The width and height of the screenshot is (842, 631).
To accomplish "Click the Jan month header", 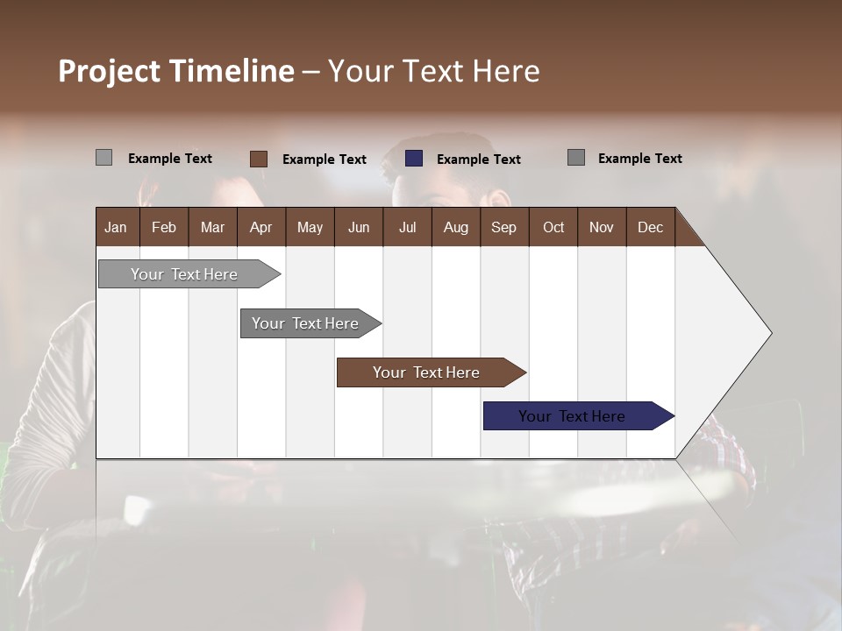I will pos(116,227).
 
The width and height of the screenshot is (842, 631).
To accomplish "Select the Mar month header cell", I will pos(212,227).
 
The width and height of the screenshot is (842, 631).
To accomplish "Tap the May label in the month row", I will pos(310,227).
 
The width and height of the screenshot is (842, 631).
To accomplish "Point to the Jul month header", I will pos(407,227).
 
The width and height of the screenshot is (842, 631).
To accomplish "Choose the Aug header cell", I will pos(455,227).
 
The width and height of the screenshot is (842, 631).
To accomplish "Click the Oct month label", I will pos(553,227).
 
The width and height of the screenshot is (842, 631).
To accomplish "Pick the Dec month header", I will pos(650,227).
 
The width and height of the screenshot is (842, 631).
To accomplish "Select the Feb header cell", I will pos(164,227).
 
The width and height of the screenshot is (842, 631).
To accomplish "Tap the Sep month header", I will pos(503,227).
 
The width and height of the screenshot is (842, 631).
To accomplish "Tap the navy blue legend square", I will pos(414,159).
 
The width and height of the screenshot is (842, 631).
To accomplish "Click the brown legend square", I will pos(259,159).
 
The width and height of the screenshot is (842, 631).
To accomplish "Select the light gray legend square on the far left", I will pos(103,158).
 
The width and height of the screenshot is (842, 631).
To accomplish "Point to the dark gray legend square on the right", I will pos(576,158).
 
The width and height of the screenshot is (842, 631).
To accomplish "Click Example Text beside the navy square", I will pos(478,160).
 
